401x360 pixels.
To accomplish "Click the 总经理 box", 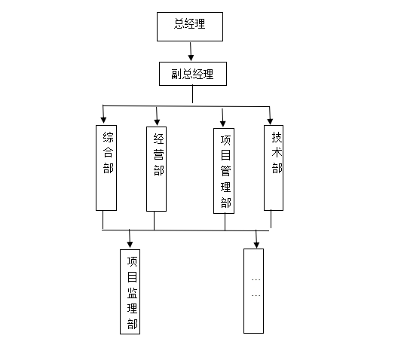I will [191, 27].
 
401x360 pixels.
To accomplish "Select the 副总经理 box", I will [193, 74].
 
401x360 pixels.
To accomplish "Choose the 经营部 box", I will [156, 167].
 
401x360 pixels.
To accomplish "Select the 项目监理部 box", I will [132, 291].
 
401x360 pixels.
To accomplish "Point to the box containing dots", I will [255, 290].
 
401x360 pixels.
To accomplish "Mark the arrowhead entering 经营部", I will [158, 121].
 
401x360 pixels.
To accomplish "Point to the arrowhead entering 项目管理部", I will [223, 122].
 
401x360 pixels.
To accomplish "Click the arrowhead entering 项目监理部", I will [130, 243].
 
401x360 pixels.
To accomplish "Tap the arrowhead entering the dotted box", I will [256, 243].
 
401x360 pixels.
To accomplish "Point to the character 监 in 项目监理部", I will [132, 293].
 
